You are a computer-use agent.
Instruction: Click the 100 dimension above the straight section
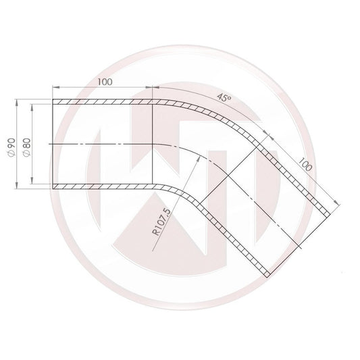[105, 82]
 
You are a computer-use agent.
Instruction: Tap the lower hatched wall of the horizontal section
[101, 186]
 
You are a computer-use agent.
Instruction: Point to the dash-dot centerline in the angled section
[270, 203]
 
